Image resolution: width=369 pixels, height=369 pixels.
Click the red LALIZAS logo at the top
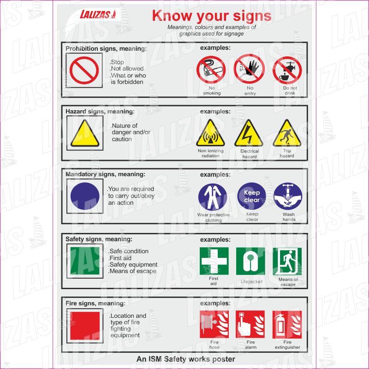[98, 15]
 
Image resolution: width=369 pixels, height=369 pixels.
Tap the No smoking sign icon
[211, 70]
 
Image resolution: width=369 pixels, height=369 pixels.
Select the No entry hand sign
[249, 69]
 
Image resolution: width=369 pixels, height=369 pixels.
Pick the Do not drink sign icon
[287, 70]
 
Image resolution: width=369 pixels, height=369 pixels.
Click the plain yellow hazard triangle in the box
[85, 133]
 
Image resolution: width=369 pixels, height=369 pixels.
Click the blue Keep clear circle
[251, 196]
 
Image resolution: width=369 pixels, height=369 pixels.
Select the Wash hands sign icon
[288, 196]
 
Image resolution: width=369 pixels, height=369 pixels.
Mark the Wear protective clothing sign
[213, 197]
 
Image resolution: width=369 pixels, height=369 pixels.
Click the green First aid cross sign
[214, 261]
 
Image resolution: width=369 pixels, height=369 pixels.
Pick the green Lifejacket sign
[250, 261]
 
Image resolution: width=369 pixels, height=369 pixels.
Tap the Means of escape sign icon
[287, 261]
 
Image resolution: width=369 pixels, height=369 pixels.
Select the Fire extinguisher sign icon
[287, 324]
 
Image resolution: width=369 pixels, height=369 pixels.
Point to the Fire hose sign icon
[214, 324]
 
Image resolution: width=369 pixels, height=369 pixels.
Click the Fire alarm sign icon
[250, 324]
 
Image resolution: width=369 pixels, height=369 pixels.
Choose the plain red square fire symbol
[85, 326]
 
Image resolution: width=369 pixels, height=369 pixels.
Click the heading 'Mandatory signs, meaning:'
[106, 174]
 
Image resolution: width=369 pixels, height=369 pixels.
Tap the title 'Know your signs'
[212, 16]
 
